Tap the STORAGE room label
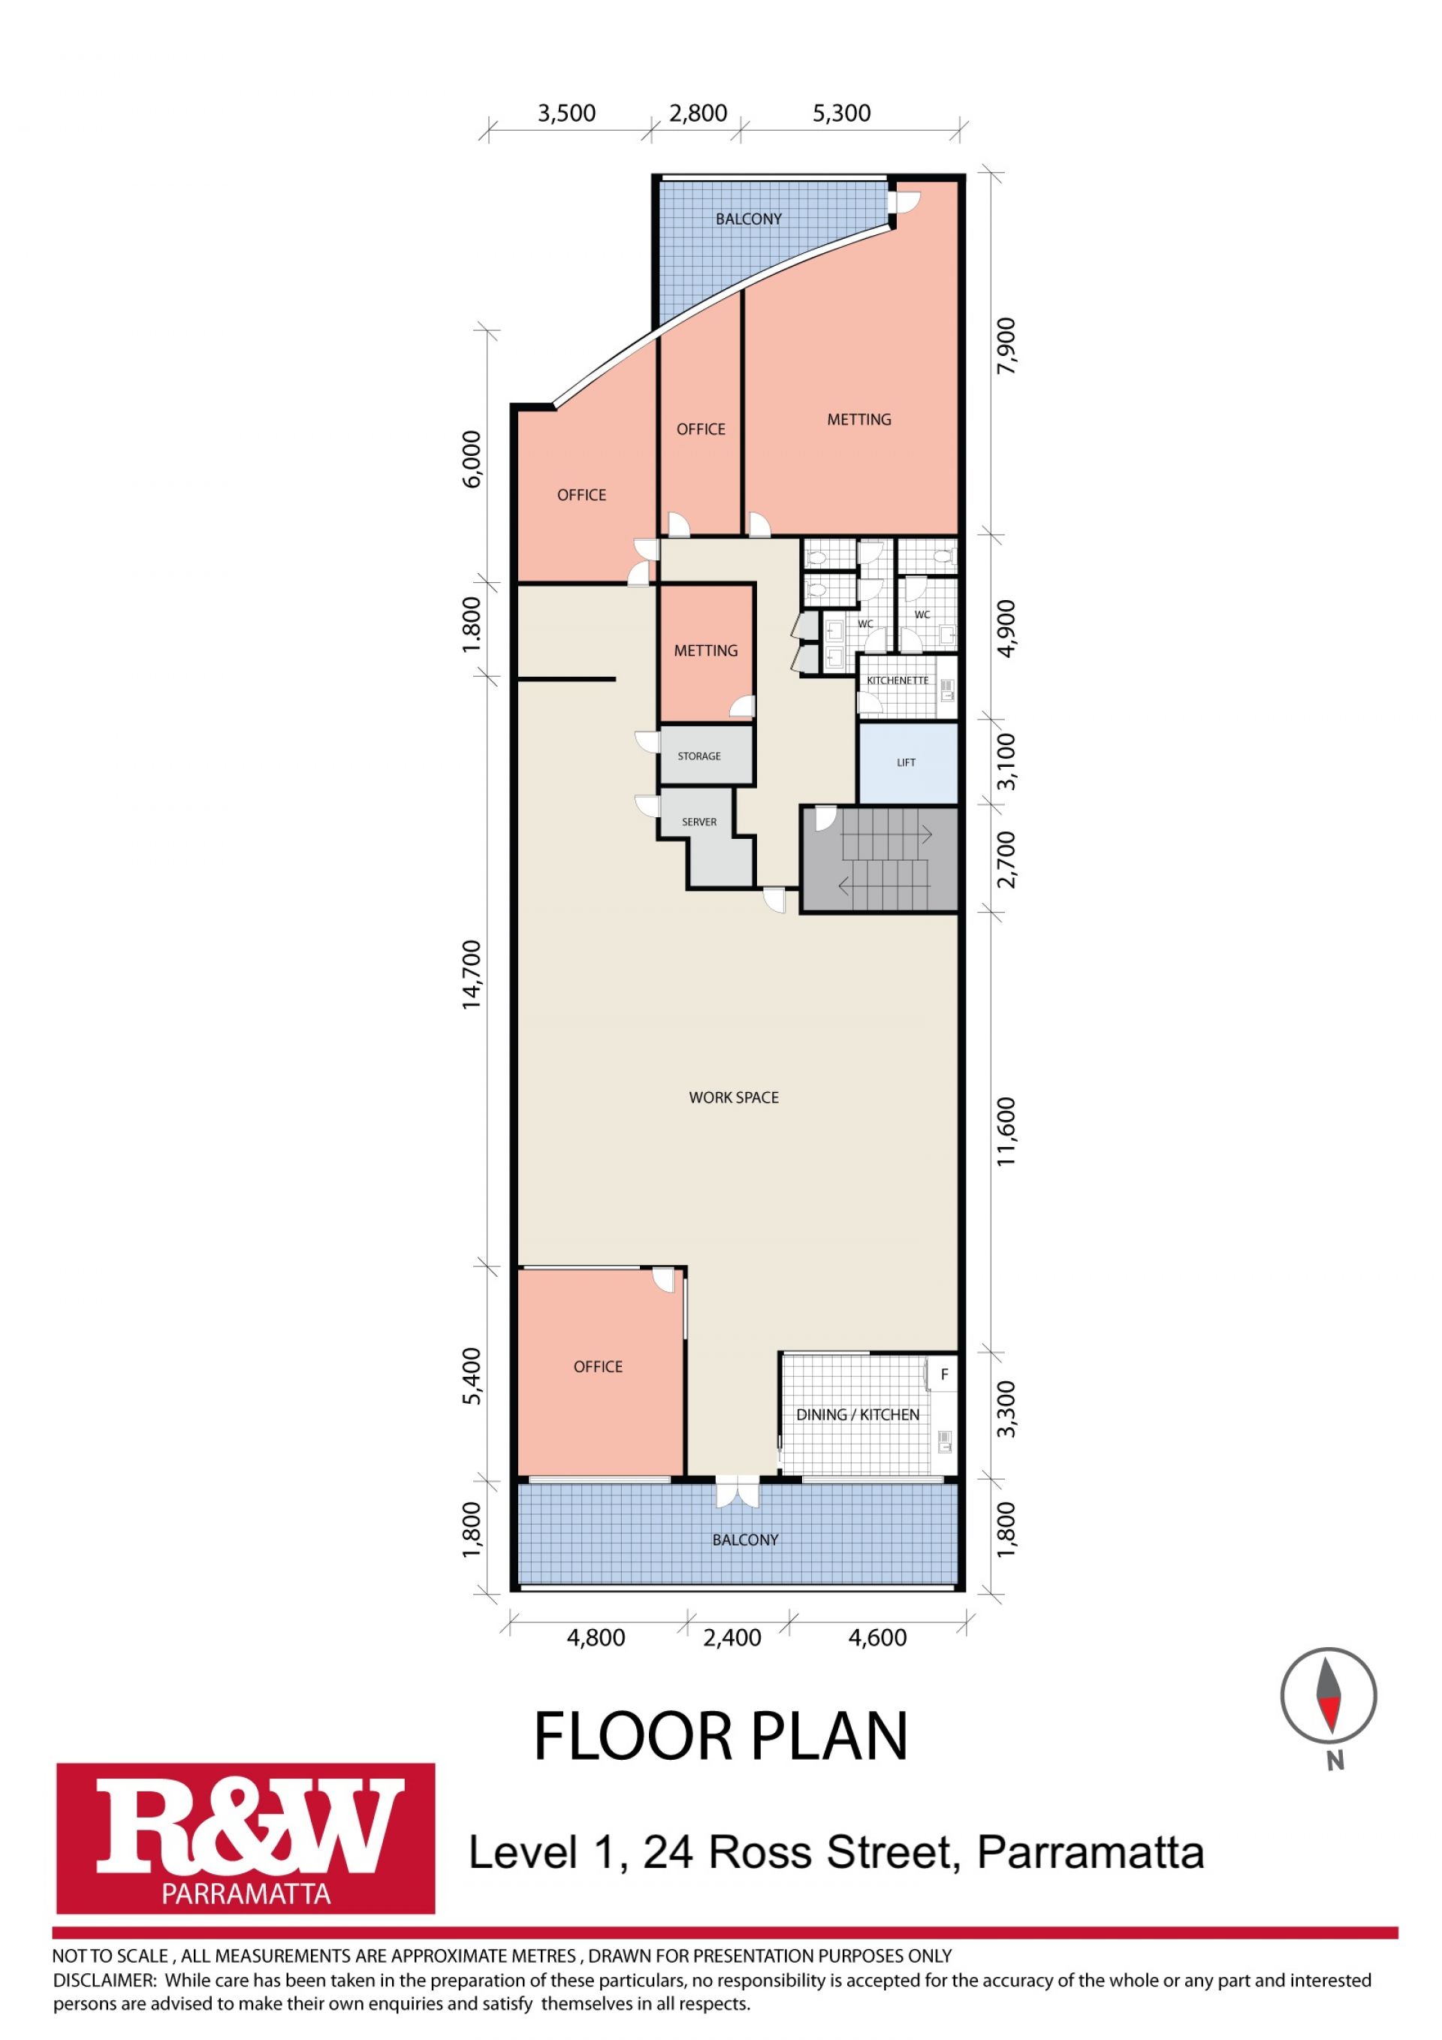point(699,756)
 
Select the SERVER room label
point(699,822)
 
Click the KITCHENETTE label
point(897,681)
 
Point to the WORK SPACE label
point(734,1097)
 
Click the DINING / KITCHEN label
point(858,1414)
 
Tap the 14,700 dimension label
point(471,973)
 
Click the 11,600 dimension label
point(1006,1133)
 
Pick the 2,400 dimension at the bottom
point(732,1637)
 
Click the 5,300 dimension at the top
point(841,113)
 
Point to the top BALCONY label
point(749,219)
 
